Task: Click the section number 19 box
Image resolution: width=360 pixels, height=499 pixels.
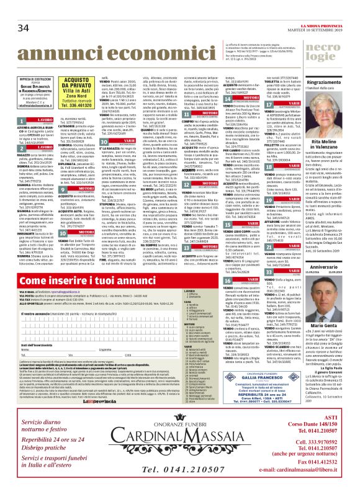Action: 268,200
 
